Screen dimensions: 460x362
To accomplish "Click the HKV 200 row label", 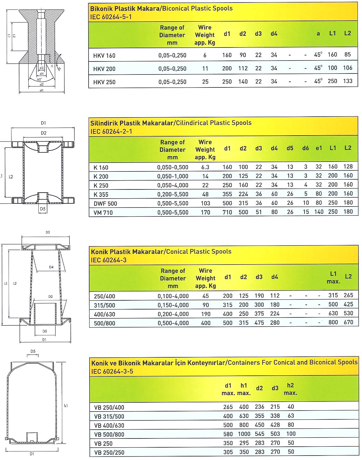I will tap(104, 69).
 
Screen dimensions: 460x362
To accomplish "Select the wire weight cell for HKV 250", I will tap(205, 82).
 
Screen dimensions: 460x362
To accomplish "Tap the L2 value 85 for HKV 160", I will tap(347, 54).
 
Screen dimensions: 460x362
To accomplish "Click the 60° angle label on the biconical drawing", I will tap(39, 80).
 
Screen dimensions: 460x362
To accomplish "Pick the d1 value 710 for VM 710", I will tap(227, 212).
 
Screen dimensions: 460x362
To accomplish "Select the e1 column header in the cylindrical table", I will tap(319, 148).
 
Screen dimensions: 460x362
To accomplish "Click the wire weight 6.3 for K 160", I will tap(205, 167).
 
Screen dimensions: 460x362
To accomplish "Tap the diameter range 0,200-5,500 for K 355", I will tap(173, 195).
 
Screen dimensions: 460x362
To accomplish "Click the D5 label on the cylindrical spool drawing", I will tap(43, 209).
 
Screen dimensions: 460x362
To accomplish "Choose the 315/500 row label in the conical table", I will tap(104, 305).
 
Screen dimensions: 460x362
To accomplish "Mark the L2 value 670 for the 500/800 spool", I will tap(348, 322).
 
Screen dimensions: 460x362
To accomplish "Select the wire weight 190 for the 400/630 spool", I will tap(206, 314).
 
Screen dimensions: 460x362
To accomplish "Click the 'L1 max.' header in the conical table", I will tap(333, 277).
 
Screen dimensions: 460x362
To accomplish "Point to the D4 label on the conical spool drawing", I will tap(51, 267).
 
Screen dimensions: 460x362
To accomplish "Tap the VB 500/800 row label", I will tap(109, 435).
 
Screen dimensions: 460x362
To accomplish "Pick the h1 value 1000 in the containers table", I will tap(244, 434).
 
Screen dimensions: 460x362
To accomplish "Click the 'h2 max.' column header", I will tap(290, 389).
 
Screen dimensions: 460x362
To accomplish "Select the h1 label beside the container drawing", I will tap(66, 406).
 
